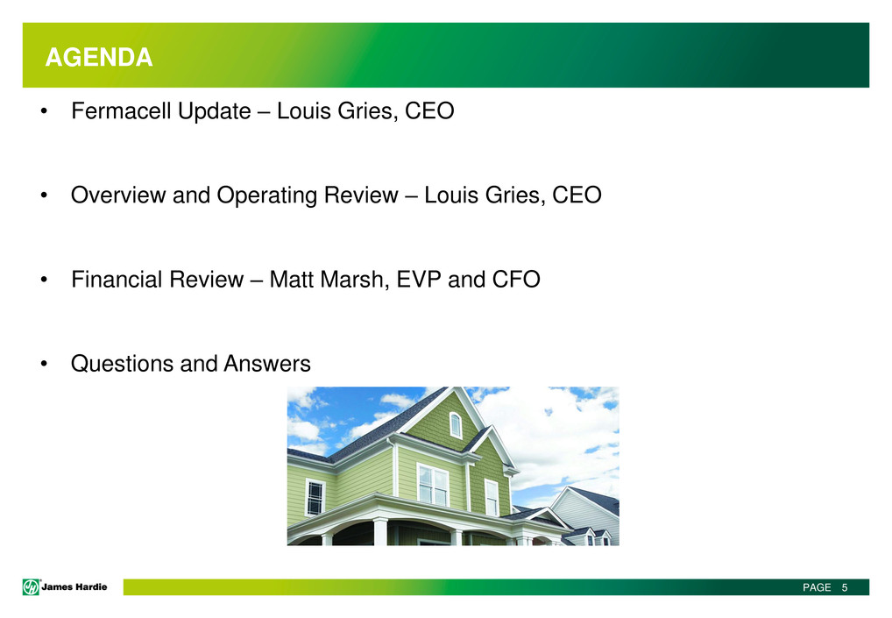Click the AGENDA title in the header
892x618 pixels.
tap(99, 58)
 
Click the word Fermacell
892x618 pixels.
tap(121, 111)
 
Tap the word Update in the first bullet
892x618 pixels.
tap(215, 112)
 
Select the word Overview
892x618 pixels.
tap(117, 195)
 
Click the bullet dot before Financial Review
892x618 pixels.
tap(44, 280)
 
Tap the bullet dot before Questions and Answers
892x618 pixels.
tap(44, 364)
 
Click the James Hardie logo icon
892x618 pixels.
tap(31, 586)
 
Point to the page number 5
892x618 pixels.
tap(845, 587)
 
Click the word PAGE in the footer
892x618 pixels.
tap(817, 587)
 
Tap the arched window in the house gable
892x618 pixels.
tap(456, 425)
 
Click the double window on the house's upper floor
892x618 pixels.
tap(433, 485)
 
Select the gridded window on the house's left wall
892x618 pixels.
tap(315, 498)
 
